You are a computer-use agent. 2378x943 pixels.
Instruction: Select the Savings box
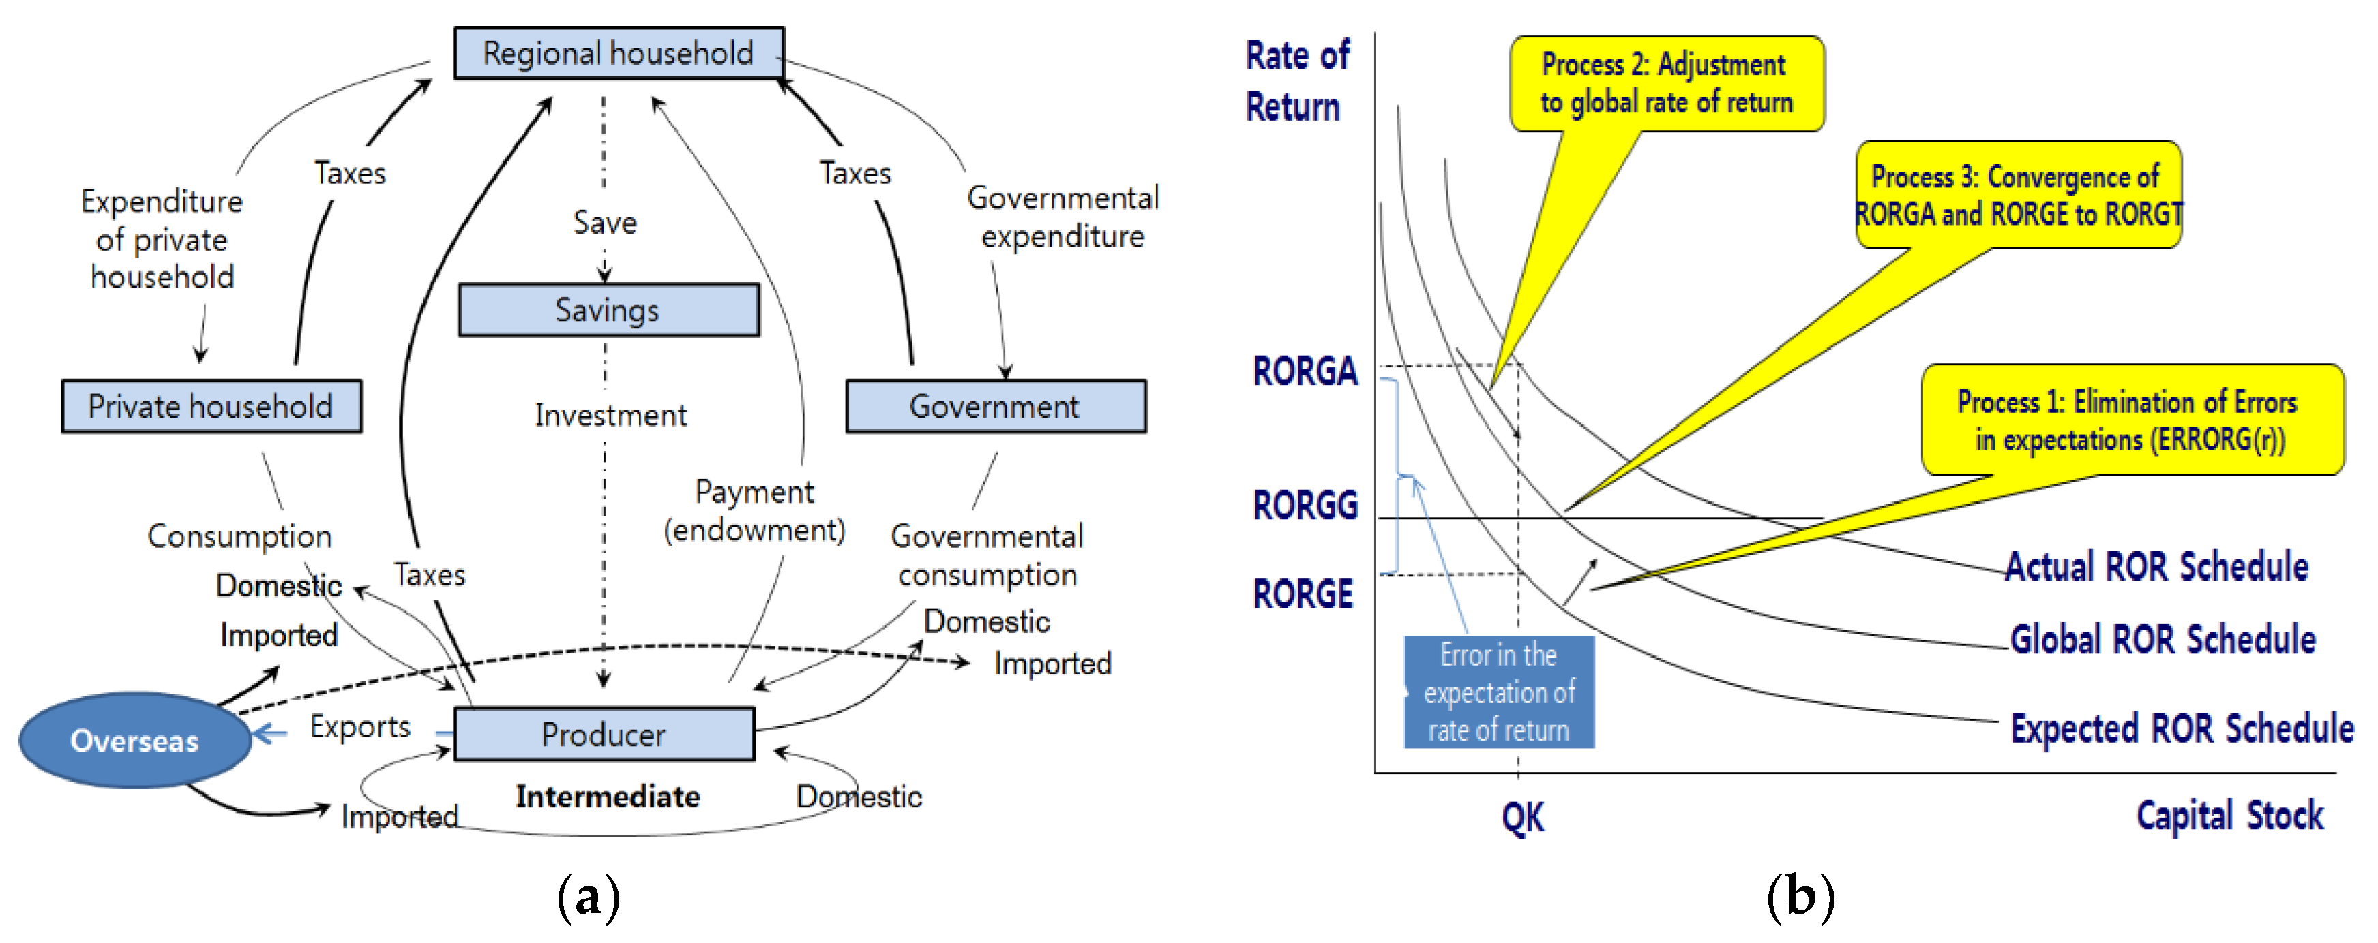pyautogui.click(x=608, y=310)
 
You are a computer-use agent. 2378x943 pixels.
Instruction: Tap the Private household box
pyautogui.click(x=211, y=406)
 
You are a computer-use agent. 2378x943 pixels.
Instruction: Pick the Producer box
pyautogui.click(x=604, y=735)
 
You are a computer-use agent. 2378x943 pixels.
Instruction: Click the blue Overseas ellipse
pyautogui.click(x=135, y=740)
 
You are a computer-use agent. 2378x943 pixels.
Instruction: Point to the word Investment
pyautogui.click(x=610, y=415)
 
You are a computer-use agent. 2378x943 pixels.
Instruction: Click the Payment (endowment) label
pyautogui.click(x=754, y=510)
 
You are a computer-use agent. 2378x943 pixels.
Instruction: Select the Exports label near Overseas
pyautogui.click(x=360, y=726)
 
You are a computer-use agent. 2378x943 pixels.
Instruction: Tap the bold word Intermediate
pyautogui.click(x=608, y=797)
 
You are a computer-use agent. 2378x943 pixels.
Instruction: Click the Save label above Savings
pyautogui.click(x=605, y=222)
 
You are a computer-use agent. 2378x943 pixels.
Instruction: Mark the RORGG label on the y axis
pyautogui.click(x=1305, y=505)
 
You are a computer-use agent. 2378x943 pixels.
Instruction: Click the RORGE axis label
pyautogui.click(x=1303, y=593)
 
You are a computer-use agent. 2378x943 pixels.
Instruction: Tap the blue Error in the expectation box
pyautogui.click(x=1498, y=692)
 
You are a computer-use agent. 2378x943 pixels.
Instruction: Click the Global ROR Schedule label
pyautogui.click(x=2162, y=638)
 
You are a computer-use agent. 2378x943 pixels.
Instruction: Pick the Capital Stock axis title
pyautogui.click(x=2229, y=815)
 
